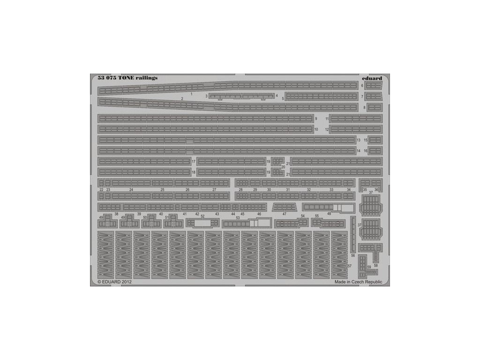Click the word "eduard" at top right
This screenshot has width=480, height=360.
pyautogui.click(x=372, y=78)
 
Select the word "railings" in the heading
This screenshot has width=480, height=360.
pyautogui.click(x=147, y=78)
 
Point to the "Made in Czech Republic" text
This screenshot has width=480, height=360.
pyautogui.click(x=358, y=282)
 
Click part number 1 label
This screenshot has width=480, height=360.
pyautogui.click(x=192, y=94)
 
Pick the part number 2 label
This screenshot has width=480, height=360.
pyautogui.click(x=181, y=99)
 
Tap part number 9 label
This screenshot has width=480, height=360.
pyautogui.click(x=316, y=119)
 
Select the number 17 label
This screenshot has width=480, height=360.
pyautogui.click(x=194, y=162)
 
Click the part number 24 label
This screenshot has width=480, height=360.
pyautogui.click(x=131, y=190)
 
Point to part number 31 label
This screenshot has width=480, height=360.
pyautogui.click(x=288, y=190)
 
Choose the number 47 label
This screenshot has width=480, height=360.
pyautogui.click(x=284, y=214)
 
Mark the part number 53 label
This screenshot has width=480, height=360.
pyautogui.click(x=238, y=218)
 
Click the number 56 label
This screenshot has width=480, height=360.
pyautogui.click(x=352, y=256)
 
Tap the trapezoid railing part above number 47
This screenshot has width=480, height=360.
pyautogui.click(x=285, y=207)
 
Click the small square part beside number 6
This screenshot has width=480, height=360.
pyautogui.click(x=374, y=85)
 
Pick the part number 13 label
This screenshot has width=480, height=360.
pyautogui.click(x=359, y=140)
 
